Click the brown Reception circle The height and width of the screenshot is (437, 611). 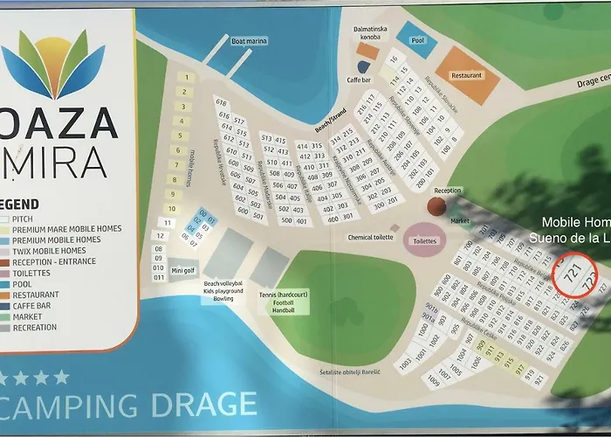tap(437, 205)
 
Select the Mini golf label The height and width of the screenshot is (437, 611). tap(183, 270)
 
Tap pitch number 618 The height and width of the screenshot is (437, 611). tap(221, 103)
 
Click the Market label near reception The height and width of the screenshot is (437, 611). tap(459, 221)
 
